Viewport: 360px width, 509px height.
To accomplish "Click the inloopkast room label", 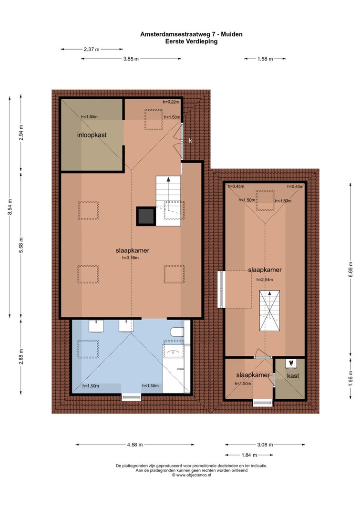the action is point(92,135).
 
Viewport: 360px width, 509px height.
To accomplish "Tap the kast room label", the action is point(293,376).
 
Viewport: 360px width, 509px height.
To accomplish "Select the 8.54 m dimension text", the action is point(10,207).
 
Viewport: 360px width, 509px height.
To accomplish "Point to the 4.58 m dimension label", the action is point(134,445).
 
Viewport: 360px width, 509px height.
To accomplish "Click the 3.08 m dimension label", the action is point(265,445).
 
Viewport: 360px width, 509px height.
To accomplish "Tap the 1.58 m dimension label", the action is point(265,59).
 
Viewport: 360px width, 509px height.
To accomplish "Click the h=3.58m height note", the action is point(130,258).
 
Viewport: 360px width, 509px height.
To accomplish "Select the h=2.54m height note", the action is point(265,280).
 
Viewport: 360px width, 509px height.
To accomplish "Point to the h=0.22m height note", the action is point(171,102).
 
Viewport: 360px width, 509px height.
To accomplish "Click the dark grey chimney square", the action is point(145,216).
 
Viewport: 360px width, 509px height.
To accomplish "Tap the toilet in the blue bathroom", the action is point(177,332).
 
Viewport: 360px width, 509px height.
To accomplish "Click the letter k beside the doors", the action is point(191,141).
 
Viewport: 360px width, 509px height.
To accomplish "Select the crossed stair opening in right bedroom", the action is point(269,311).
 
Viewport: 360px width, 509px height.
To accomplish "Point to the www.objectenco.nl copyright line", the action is point(191,475).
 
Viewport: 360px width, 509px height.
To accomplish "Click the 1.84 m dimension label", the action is point(249,455).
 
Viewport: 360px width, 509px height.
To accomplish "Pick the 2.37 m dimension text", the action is point(92,49).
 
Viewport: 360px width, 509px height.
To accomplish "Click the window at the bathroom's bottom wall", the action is point(131,397).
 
